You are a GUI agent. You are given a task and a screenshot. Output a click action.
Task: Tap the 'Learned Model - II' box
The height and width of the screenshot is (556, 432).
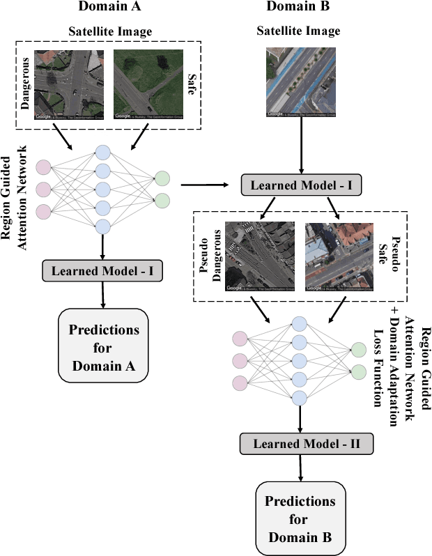tap(299, 443)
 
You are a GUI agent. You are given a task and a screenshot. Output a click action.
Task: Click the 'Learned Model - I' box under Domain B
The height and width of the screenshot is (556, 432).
tap(301, 185)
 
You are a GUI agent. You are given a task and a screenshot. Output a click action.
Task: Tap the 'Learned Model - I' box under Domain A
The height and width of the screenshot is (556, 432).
tap(103, 270)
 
